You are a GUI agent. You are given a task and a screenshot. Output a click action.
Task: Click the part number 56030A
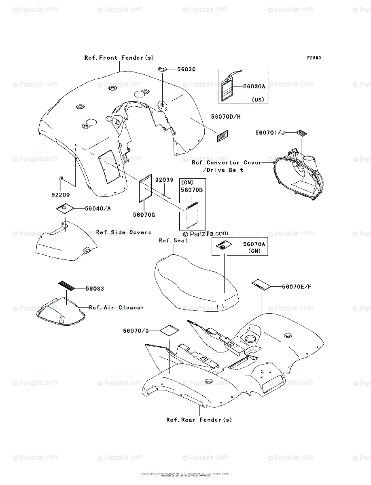[x=254, y=86]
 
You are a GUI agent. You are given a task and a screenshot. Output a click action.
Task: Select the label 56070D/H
[x=226, y=117]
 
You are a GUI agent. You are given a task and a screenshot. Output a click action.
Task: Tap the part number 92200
[x=61, y=194]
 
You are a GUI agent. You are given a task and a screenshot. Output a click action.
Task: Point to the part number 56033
[x=95, y=289]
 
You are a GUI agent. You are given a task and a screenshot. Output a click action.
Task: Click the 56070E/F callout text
[x=297, y=287]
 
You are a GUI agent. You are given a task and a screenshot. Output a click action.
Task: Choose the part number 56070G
[x=144, y=215]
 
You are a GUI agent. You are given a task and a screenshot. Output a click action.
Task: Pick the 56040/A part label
[x=98, y=209]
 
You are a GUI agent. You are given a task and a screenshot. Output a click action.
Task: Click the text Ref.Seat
[x=173, y=240]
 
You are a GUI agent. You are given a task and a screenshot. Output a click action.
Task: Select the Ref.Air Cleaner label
[x=116, y=308]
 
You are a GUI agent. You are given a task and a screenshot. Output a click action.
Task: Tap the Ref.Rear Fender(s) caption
[x=199, y=420]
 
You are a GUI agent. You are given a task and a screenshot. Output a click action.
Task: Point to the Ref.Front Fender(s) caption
[x=119, y=58]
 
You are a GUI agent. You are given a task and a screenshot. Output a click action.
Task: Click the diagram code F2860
[x=314, y=58]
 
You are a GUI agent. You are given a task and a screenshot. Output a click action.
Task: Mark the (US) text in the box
[x=258, y=99]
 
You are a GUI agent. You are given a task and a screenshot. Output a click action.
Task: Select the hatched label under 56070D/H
[x=222, y=135]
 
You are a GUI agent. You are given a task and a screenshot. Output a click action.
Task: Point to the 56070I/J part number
[x=270, y=132]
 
